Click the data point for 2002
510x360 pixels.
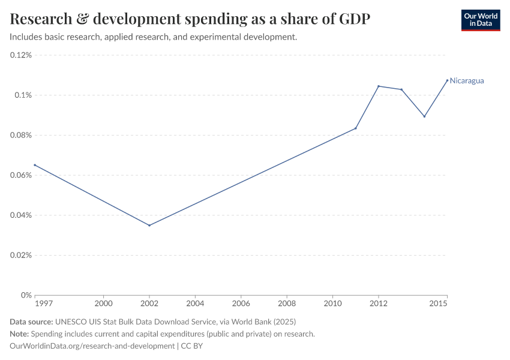tap(149, 226)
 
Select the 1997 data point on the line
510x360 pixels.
tap(35, 165)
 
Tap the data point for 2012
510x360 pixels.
tap(379, 86)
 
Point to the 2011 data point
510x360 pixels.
tap(356, 128)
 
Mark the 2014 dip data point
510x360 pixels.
tap(424, 116)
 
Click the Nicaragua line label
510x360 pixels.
tap(467, 80)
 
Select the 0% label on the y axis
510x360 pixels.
tap(26, 295)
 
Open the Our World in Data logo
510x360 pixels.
tap(481, 20)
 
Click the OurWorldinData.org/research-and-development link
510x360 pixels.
tap(92, 346)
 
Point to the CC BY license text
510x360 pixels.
tap(192, 346)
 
